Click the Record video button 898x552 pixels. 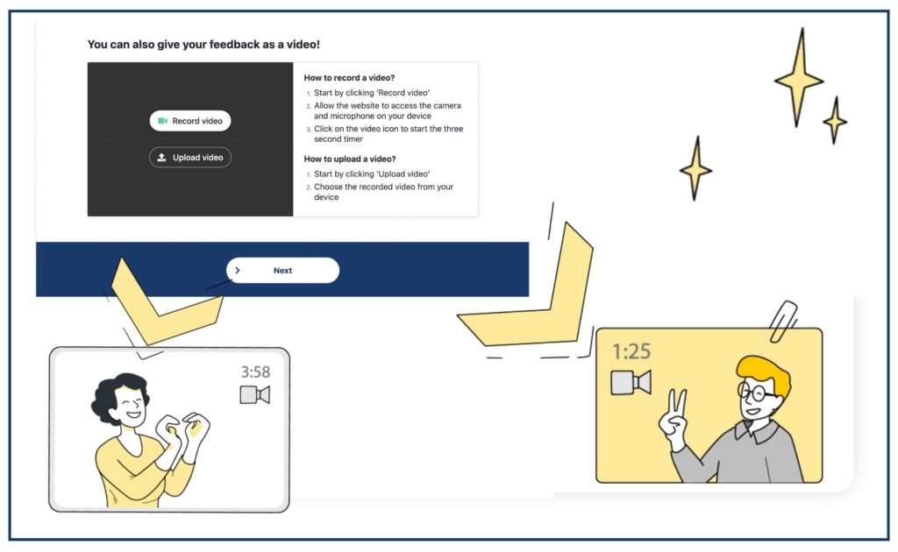(x=190, y=121)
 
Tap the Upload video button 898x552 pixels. (x=190, y=158)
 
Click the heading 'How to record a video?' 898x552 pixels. (x=349, y=78)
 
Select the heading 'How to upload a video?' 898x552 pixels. (x=350, y=159)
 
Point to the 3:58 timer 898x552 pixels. (x=255, y=372)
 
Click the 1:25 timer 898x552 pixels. (x=631, y=351)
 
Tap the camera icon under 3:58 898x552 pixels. (x=255, y=394)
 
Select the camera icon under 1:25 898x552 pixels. (x=631, y=383)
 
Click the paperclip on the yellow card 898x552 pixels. (x=783, y=321)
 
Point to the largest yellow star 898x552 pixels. (x=800, y=79)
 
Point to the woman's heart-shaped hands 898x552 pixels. (x=183, y=432)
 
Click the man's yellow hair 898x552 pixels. (x=765, y=372)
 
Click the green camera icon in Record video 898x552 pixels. (x=162, y=121)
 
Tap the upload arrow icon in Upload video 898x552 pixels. (x=162, y=158)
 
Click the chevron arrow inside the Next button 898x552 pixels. (x=238, y=270)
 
